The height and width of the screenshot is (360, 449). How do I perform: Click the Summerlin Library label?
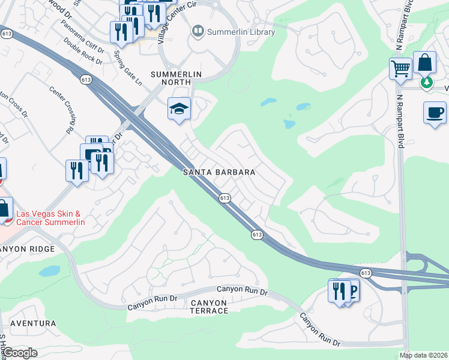pos(241,32)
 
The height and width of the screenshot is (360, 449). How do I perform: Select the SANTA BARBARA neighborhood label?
pos(219,172)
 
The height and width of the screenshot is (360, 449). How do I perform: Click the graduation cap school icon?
pos(179,109)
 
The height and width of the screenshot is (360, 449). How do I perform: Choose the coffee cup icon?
pos(435,112)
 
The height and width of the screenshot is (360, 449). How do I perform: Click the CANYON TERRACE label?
pos(209,306)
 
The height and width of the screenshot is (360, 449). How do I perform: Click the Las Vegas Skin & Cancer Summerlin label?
pos(50,218)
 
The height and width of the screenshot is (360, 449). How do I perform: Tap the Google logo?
pos(20,353)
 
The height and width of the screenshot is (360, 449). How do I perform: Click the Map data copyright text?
pos(424,355)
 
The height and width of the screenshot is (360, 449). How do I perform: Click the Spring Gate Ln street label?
pos(128,67)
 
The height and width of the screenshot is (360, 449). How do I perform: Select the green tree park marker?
pos(427,82)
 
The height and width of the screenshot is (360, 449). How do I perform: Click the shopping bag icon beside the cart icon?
pos(424,62)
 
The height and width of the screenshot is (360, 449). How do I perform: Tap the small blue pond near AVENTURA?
pos(49,271)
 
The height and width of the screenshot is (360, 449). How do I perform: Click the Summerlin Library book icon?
pos(196,31)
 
